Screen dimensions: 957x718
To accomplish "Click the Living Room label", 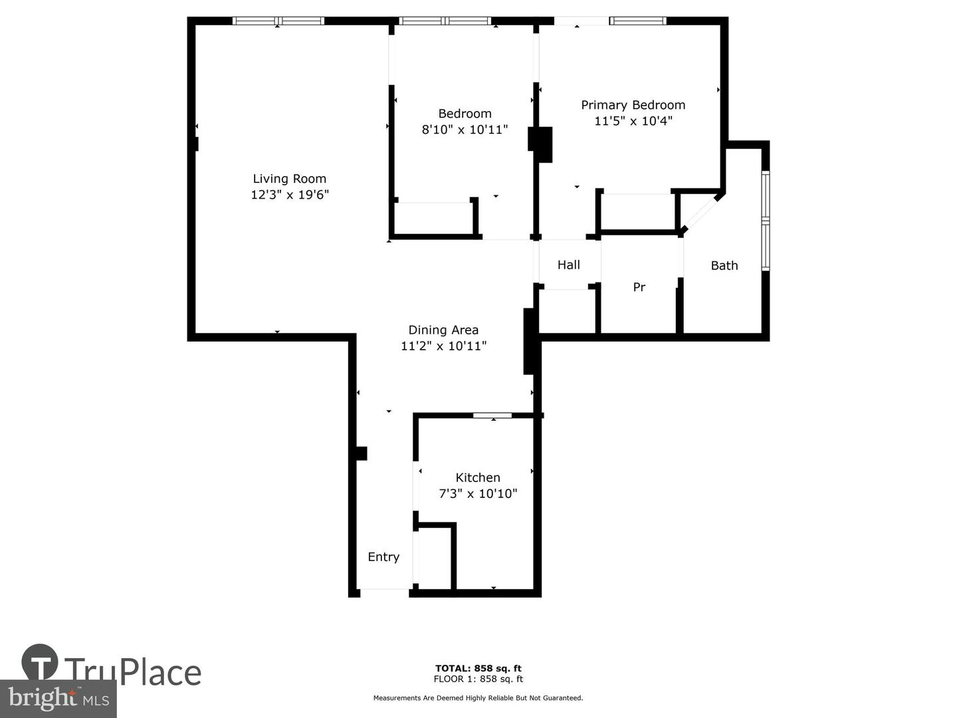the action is click(x=290, y=179).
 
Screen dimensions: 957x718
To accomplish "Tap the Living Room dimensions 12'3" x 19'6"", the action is click(x=290, y=194).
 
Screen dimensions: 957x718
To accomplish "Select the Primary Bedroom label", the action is click(x=633, y=106).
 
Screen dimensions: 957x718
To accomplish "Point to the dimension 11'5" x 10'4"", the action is click(x=633, y=121).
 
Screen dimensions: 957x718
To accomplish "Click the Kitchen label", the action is click(x=478, y=477).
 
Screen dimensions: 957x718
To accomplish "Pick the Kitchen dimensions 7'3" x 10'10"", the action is click(x=478, y=493).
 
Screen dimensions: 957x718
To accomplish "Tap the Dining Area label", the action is click(x=443, y=330).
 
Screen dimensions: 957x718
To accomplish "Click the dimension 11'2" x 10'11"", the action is click(x=443, y=346).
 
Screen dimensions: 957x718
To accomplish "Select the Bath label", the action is click(x=724, y=265).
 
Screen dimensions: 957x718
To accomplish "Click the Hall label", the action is click(x=568, y=265).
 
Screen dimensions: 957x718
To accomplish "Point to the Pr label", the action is click(x=639, y=287).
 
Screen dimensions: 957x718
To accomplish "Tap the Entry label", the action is click(x=383, y=557).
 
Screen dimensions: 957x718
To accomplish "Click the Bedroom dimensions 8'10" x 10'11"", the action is click(x=465, y=130).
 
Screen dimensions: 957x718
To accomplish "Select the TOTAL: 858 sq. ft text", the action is click(x=478, y=668).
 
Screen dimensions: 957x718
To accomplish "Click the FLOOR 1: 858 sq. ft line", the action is click(x=478, y=679).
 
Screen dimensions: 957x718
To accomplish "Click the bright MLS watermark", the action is click(x=58, y=698).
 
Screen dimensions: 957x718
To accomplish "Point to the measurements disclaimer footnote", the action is click(x=478, y=698).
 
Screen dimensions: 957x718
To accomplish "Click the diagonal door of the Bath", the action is click(x=700, y=215).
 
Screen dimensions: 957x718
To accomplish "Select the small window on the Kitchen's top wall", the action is click(x=492, y=416).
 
